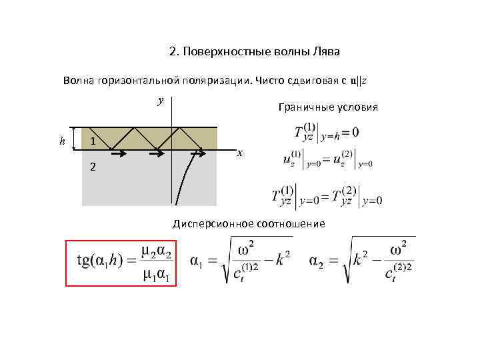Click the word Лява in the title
326,52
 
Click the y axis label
160,101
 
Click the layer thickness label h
62,141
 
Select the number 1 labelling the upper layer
94,141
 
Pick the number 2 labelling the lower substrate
93,167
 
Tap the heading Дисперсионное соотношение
249,223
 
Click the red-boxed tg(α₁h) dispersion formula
122,262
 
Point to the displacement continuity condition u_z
327,160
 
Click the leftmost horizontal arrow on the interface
117,153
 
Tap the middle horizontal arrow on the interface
156,153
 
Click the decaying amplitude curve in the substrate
183,180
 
